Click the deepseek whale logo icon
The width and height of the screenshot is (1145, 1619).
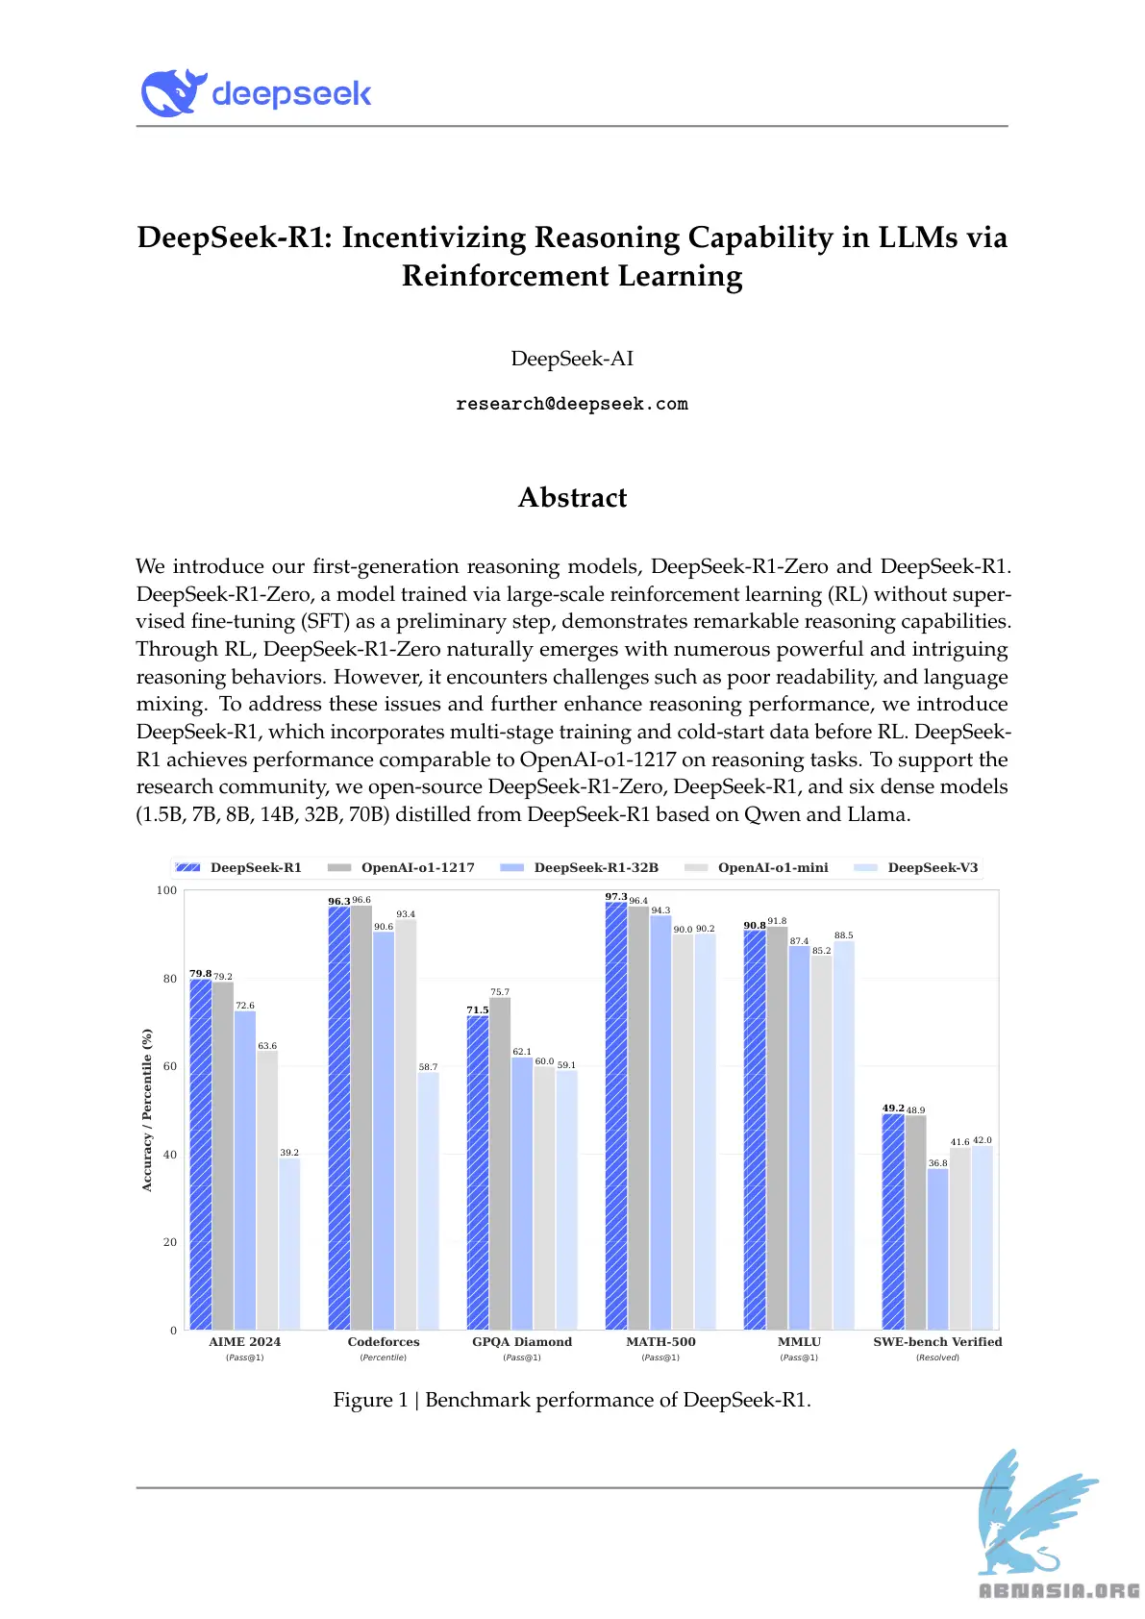click(x=174, y=93)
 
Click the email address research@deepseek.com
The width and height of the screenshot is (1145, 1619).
click(x=572, y=404)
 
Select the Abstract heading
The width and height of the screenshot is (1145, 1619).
click(x=572, y=497)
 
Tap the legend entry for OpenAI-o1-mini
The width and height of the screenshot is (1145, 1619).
click(x=772, y=867)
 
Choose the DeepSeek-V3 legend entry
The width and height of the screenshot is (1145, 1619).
click(x=932, y=867)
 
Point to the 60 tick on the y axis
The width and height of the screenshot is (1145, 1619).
click(x=170, y=1066)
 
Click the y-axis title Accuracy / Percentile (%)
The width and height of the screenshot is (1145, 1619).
click(x=147, y=1110)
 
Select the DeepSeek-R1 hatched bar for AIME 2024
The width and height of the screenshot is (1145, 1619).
click(x=200, y=1154)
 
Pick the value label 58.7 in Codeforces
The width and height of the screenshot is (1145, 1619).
click(x=428, y=1067)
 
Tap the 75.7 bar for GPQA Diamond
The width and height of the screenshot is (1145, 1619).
click(x=500, y=1163)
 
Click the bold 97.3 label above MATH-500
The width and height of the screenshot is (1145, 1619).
click(x=615, y=897)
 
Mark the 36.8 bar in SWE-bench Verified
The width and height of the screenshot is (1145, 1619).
click(x=937, y=1249)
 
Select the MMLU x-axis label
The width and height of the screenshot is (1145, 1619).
click(x=799, y=1342)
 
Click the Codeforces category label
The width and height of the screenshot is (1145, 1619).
click(x=384, y=1342)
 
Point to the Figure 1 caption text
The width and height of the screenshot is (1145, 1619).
click(x=572, y=1400)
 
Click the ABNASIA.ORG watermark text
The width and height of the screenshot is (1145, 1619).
click(x=1058, y=1591)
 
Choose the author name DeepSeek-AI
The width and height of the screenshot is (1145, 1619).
click(x=572, y=359)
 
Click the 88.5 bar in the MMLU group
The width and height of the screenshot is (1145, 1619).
click(x=843, y=1134)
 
